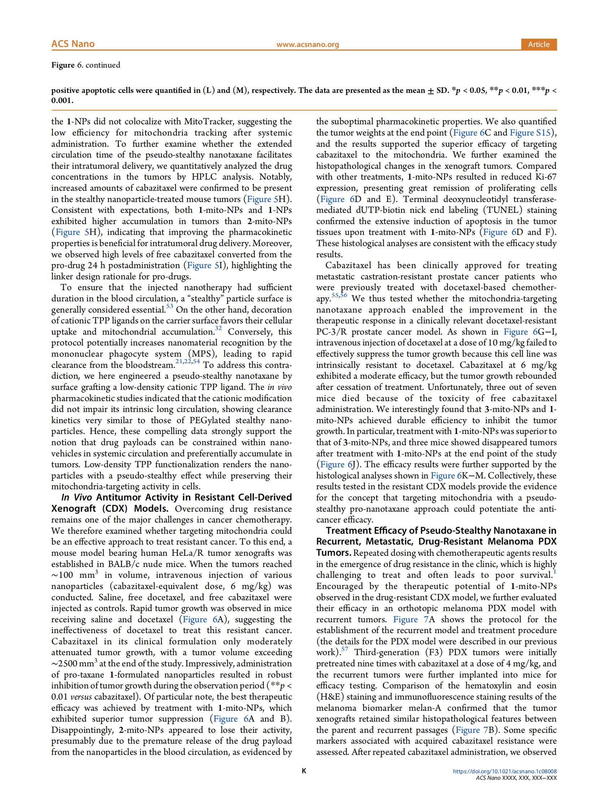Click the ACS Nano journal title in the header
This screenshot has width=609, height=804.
click(x=73, y=44)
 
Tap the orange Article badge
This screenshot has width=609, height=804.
click(x=539, y=44)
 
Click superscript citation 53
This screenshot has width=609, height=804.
click(x=170, y=306)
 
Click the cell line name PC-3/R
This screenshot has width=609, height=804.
click(x=331, y=332)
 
